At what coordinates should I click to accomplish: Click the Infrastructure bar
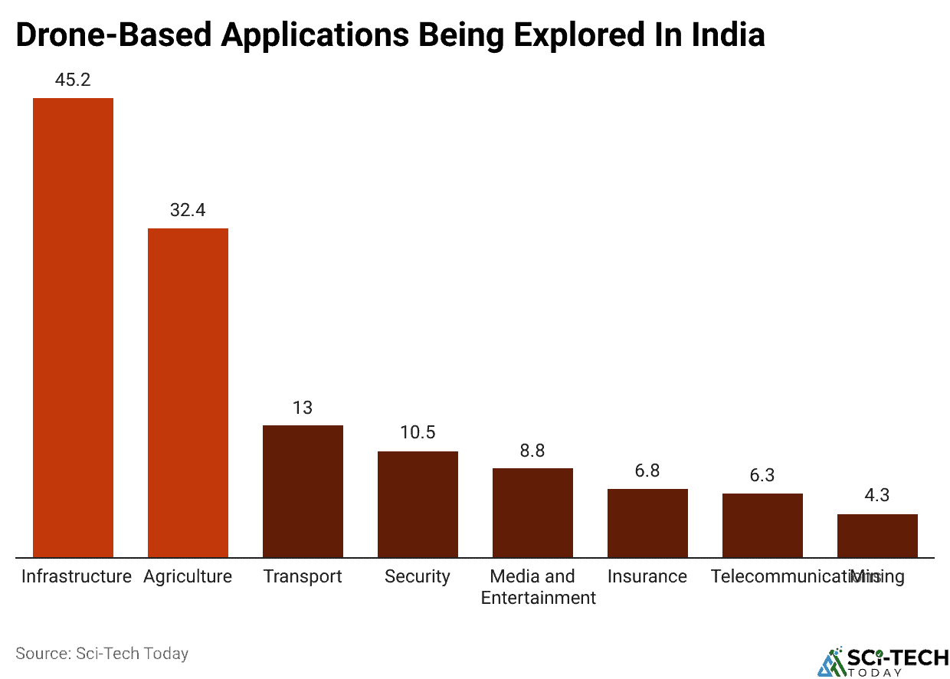[73, 327]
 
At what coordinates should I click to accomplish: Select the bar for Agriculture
[188, 392]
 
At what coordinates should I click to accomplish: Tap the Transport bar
[303, 490]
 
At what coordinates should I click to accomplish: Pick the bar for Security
[418, 504]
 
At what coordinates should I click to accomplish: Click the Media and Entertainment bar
[532, 512]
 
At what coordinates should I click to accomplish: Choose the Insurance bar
[647, 523]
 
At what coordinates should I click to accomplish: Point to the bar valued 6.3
[762, 525]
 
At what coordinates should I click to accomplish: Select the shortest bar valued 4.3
[877, 535]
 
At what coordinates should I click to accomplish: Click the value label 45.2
[73, 80]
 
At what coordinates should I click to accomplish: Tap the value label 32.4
[188, 210]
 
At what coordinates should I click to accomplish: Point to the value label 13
[303, 407]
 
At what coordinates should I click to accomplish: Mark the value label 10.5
[418, 432]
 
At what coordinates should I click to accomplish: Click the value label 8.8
[532, 450]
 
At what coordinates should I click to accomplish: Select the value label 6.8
[647, 471]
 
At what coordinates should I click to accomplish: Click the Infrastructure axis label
[76, 576]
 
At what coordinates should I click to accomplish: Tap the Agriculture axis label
[188, 576]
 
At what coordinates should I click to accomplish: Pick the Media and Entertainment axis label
[538, 587]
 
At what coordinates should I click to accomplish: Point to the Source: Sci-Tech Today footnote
[102, 654]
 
